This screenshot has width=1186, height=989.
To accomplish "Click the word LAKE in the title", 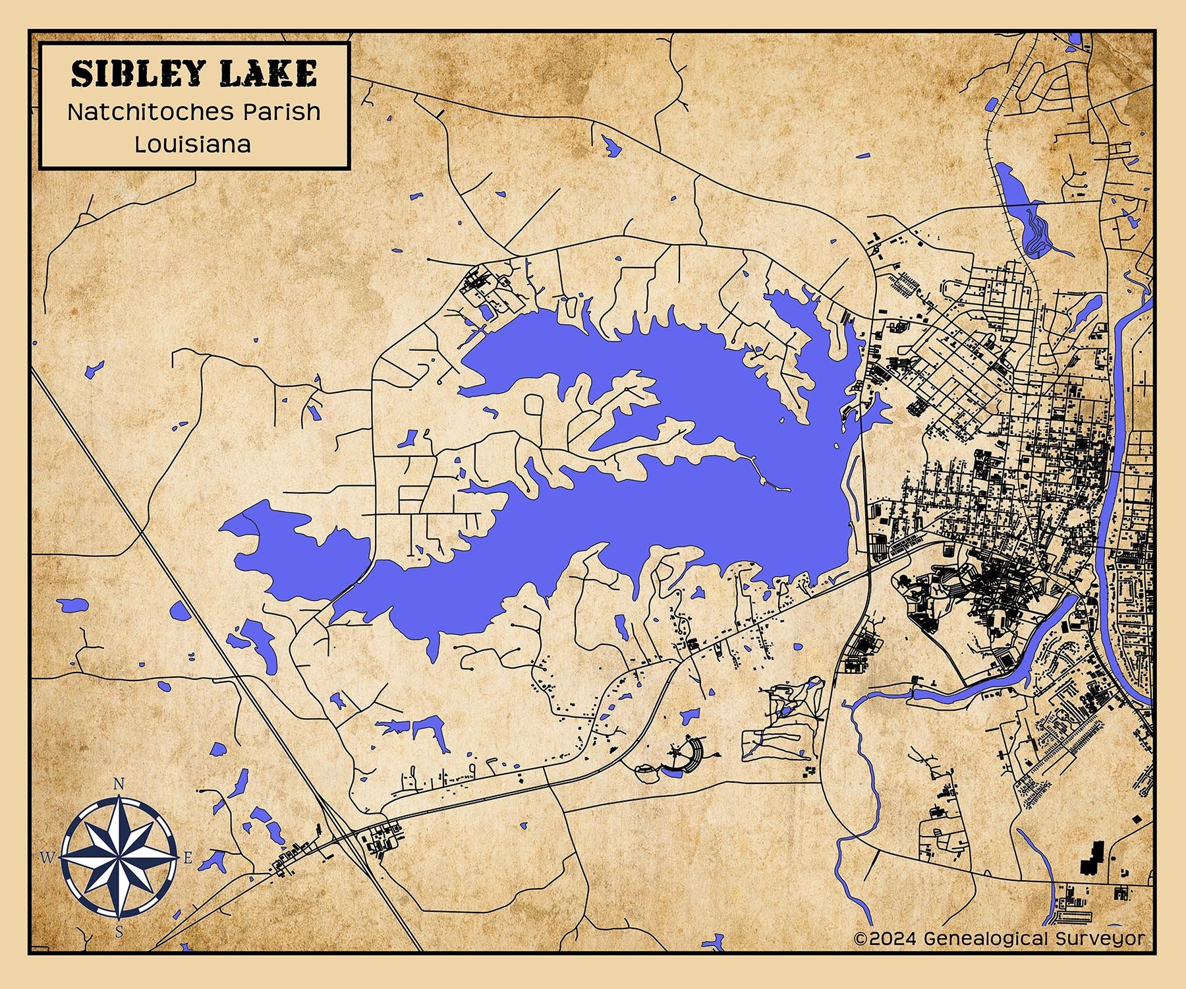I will click(x=269, y=74).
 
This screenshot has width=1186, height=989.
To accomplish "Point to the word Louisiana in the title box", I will click(x=193, y=144).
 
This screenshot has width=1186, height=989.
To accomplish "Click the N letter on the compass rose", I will click(x=119, y=783).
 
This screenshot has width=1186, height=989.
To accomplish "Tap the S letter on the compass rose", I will click(x=119, y=932).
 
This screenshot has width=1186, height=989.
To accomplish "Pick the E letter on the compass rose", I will click(x=187, y=858).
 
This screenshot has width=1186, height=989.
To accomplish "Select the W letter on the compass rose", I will click(x=47, y=858).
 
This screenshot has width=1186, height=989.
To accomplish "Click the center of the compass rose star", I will click(x=119, y=858).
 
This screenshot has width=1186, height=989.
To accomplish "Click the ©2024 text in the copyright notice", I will click(x=885, y=938).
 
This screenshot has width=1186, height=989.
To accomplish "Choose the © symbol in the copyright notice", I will click(x=861, y=938).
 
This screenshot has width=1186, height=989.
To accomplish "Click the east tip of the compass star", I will click(x=179, y=858).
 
